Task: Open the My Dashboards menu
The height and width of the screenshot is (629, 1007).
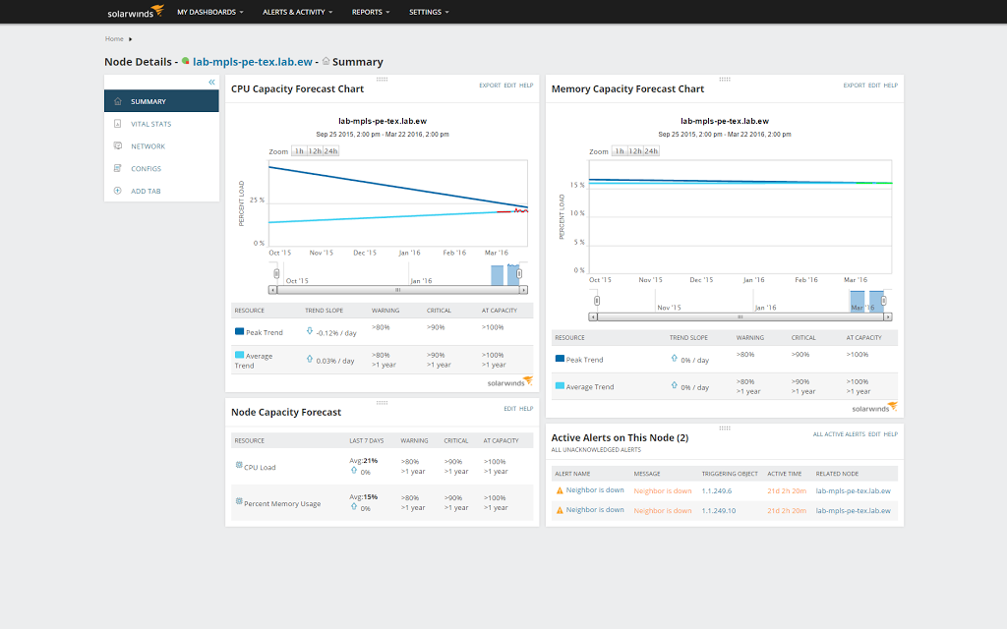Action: click(209, 12)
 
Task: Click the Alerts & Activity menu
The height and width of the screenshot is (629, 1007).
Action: click(297, 12)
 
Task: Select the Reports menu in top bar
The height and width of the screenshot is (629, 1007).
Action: click(371, 12)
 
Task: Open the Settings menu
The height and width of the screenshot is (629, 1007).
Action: click(429, 12)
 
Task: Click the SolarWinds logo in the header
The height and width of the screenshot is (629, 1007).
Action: click(136, 12)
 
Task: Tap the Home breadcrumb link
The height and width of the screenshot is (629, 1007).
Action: click(114, 39)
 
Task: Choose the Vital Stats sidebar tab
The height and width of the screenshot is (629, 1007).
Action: click(150, 124)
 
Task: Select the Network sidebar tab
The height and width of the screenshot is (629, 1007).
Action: click(148, 146)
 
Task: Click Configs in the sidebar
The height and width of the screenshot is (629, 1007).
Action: click(146, 168)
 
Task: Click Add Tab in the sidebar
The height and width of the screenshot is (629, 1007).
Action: click(146, 191)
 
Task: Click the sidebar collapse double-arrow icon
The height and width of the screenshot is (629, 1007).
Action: click(211, 82)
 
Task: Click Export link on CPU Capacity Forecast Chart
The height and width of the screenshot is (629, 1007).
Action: click(490, 86)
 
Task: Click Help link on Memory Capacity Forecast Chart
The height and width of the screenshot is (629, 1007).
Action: click(890, 86)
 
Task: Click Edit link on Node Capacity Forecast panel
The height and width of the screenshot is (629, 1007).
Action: click(509, 409)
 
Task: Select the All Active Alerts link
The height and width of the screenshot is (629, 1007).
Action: click(838, 434)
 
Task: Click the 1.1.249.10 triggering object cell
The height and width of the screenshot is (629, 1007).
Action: click(719, 510)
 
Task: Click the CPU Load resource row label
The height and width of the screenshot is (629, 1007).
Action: click(260, 467)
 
